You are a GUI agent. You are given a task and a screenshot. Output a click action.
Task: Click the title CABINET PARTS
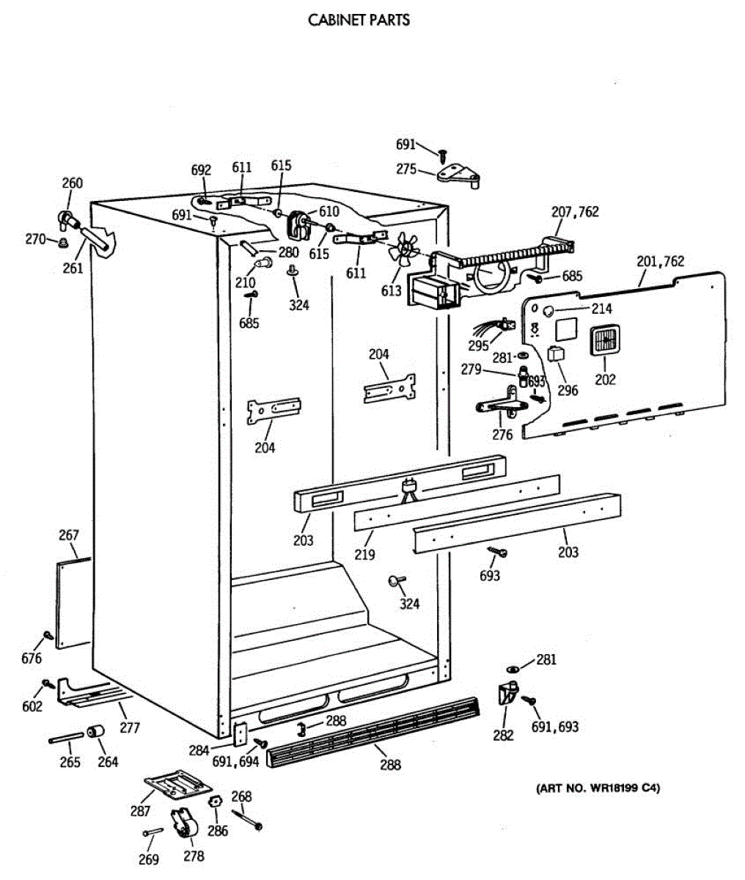359,20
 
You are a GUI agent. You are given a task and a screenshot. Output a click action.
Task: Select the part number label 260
72,183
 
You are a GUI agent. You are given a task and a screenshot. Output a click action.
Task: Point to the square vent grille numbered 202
606,342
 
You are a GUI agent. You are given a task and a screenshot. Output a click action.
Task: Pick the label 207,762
575,212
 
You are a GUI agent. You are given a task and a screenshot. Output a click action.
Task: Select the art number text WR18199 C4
598,788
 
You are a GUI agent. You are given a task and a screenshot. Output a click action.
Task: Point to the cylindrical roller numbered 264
95,733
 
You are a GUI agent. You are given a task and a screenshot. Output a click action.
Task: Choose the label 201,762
660,261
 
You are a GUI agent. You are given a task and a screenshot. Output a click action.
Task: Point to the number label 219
364,554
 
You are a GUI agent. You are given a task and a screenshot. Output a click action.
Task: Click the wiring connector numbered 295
502,324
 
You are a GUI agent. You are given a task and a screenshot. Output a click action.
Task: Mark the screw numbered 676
48,635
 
